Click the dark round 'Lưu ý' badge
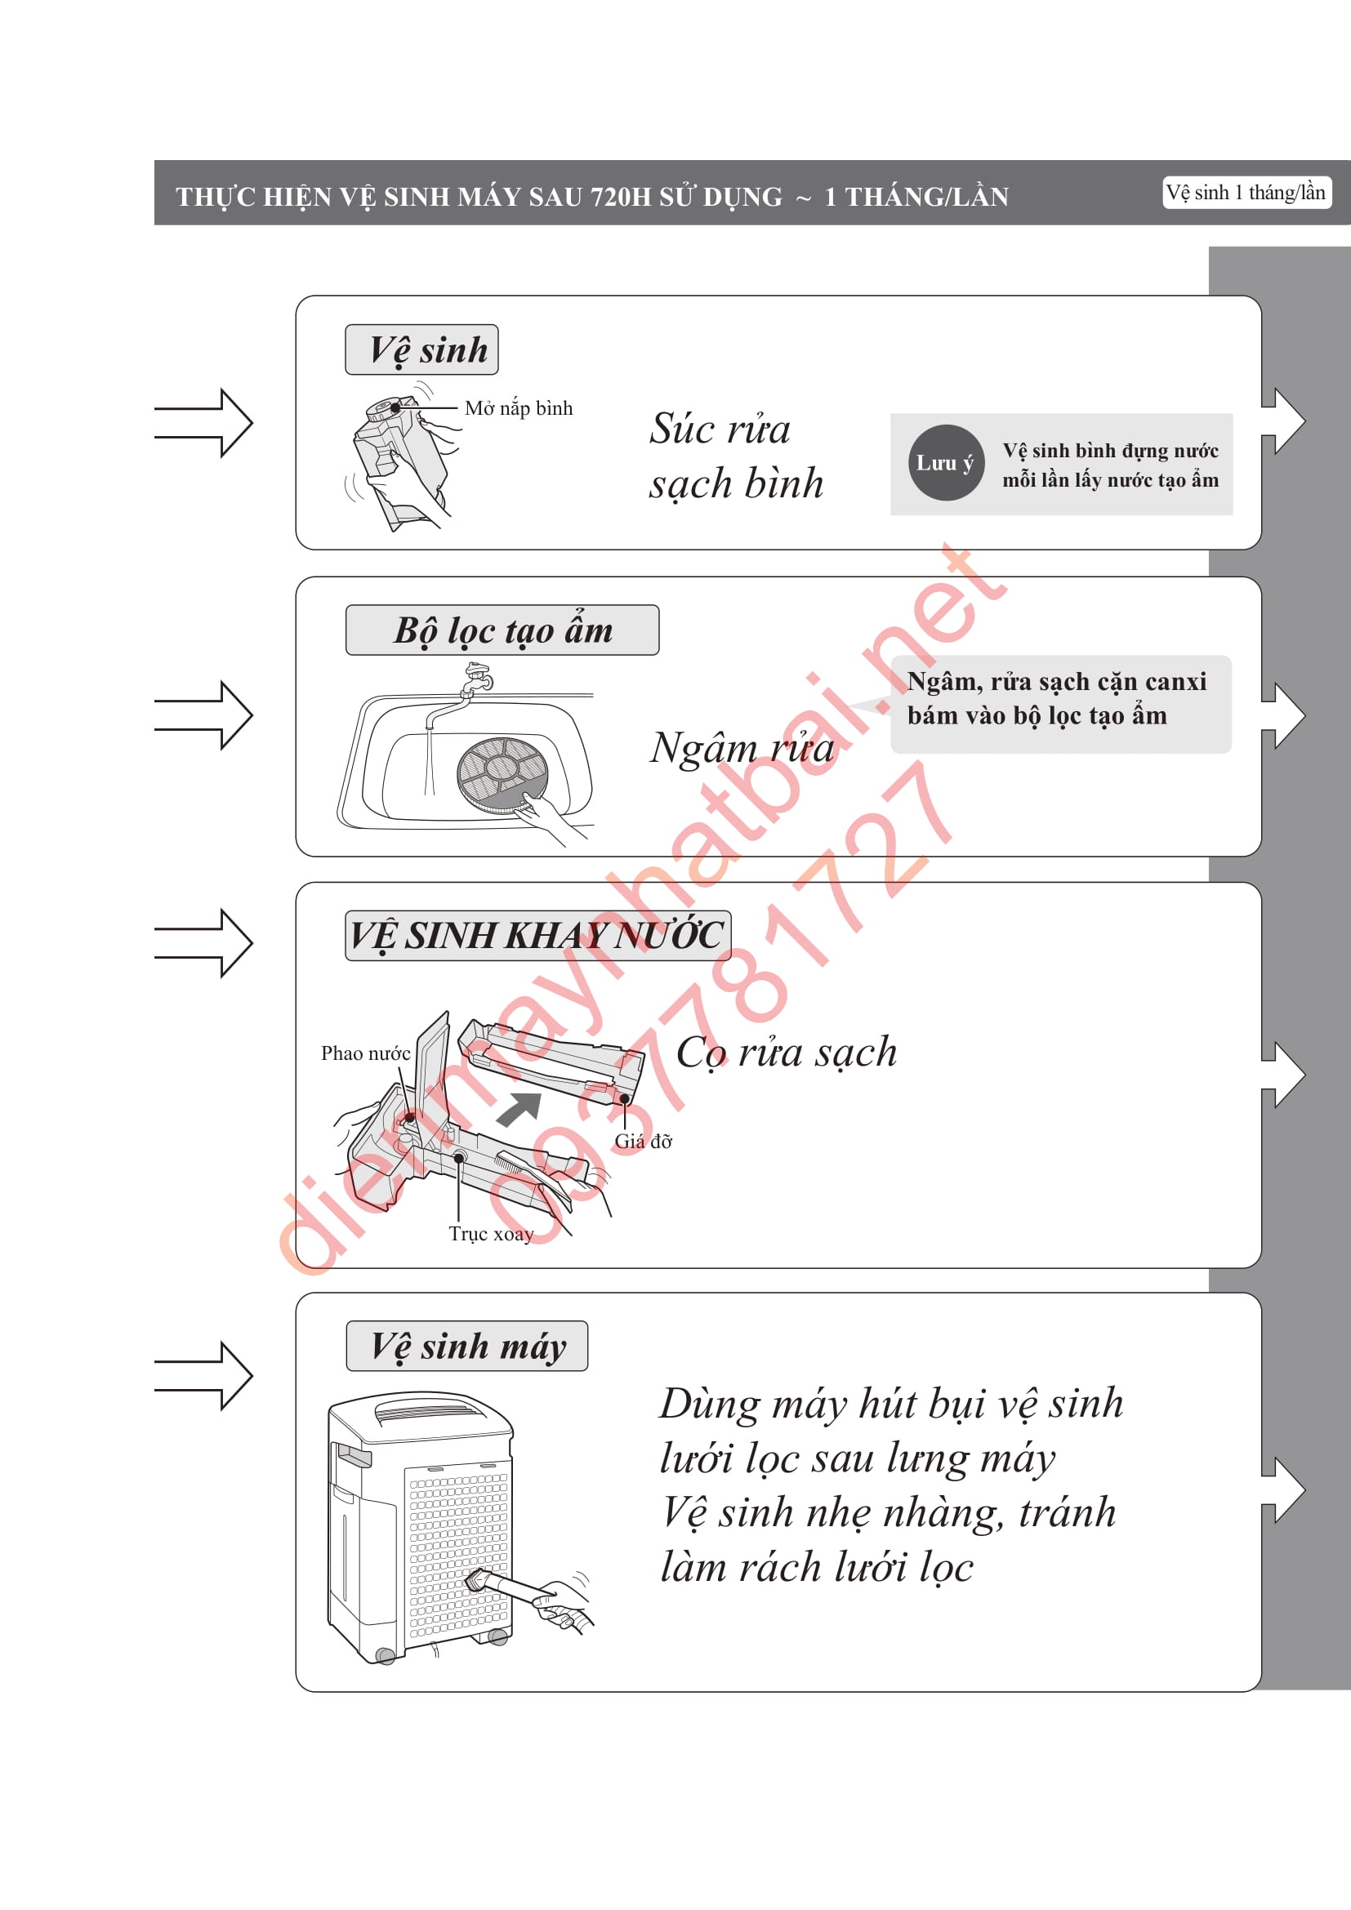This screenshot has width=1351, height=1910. coord(946,462)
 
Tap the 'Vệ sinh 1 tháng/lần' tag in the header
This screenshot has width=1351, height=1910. coord(1246,192)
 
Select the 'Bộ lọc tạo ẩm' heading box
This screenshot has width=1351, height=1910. coord(502,630)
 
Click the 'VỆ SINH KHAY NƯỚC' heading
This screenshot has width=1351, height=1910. coord(537,936)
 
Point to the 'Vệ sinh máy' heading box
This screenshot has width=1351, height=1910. coord(466,1346)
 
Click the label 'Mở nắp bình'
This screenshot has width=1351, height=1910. coord(519,408)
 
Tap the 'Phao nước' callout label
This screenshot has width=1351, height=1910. coord(365,1053)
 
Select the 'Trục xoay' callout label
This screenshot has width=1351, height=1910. coord(491,1234)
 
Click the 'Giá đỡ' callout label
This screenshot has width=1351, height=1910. coord(643,1142)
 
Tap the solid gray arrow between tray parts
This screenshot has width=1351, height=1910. coord(520,1109)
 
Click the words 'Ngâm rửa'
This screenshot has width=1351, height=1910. coord(741,747)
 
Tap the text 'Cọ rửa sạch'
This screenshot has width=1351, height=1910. coord(786,1053)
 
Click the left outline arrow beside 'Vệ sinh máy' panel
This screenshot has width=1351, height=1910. coord(203,1376)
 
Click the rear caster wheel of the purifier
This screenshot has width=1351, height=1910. coord(386,1655)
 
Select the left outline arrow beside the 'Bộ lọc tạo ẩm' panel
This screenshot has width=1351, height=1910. coord(203,715)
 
